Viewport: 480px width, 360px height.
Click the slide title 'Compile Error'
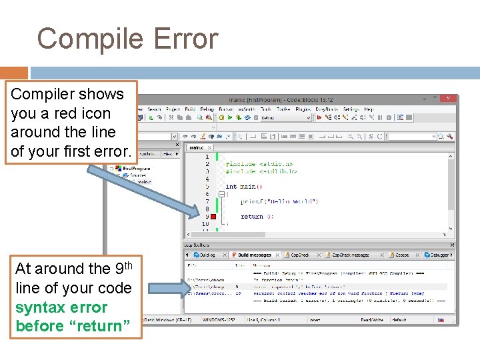click(x=127, y=39)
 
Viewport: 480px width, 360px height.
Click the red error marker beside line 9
click(x=213, y=216)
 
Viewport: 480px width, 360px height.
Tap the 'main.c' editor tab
click(x=197, y=147)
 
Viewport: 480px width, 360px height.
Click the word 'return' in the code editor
click(x=252, y=216)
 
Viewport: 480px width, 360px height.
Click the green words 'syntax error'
click(x=61, y=307)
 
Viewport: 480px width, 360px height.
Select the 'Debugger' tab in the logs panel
click(x=438, y=255)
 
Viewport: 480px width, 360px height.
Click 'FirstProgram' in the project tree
click(x=137, y=169)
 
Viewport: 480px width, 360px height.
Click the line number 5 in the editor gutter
click(x=207, y=187)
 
